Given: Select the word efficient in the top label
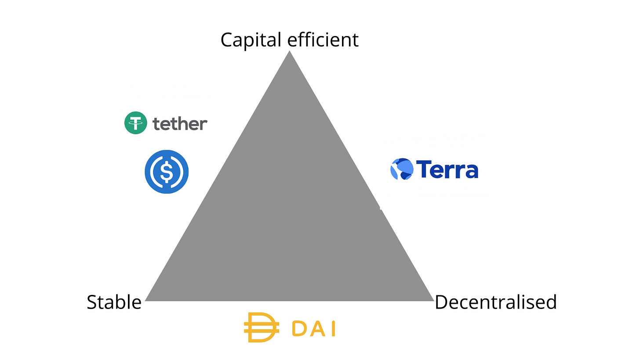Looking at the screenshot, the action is (x=323, y=40).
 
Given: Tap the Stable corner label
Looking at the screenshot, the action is (x=114, y=302).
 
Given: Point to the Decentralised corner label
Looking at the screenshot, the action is (x=496, y=302).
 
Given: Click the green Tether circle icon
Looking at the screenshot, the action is (x=136, y=123).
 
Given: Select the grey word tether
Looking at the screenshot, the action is (x=180, y=124).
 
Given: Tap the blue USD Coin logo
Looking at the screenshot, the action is (x=167, y=172).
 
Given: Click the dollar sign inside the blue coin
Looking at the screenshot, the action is (x=167, y=172).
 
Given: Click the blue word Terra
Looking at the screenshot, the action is (x=447, y=170).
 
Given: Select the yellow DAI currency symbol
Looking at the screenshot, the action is (x=262, y=327).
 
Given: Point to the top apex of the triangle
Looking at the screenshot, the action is (x=289, y=52).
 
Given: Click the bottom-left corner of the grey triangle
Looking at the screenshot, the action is (x=146, y=300).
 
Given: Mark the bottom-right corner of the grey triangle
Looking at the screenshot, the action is (x=433, y=300).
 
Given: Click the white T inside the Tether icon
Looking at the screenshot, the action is (x=136, y=123).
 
